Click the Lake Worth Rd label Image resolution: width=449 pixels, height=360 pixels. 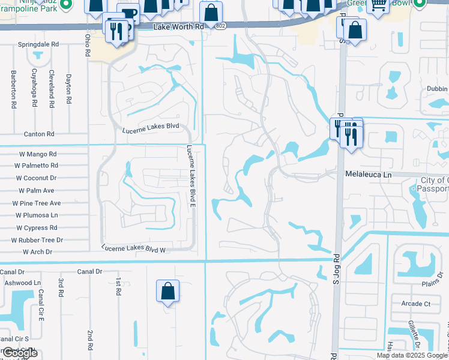(179, 28)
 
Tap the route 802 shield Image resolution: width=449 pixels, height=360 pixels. (221, 28)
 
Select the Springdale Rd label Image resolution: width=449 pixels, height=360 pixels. (38, 45)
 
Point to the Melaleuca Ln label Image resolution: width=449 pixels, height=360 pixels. (368, 174)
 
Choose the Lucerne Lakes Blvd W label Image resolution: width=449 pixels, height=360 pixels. (133, 248)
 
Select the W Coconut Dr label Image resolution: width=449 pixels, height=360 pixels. (36, 178)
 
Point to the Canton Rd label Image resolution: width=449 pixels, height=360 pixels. (38, 134)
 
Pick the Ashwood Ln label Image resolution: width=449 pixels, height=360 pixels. (22, 282)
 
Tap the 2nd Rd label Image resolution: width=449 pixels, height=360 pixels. (90, 340)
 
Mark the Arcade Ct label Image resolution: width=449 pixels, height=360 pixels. (416, 304)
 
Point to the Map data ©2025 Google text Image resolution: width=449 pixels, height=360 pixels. (412, 355)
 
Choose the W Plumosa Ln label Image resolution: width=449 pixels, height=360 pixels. (35, 215)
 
